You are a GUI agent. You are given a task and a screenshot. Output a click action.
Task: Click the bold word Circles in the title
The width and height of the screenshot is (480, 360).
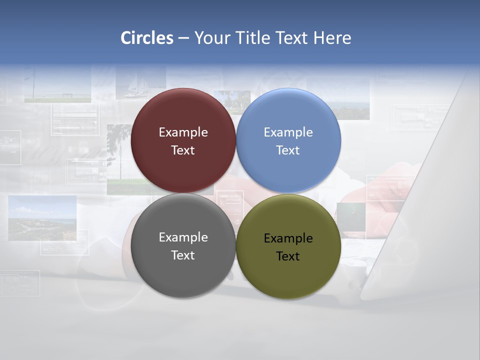(147, 38)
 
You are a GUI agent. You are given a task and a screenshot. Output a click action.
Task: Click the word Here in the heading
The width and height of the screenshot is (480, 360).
(332, 38)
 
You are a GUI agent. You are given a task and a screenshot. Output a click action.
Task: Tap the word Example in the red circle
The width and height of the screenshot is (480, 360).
(183, 132)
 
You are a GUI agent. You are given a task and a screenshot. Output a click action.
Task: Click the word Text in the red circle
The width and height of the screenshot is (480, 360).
(183, 150)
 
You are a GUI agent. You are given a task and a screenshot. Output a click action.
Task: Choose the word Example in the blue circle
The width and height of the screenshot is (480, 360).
(288, 132)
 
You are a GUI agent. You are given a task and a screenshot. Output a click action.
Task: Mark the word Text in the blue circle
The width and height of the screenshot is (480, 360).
(288, 150)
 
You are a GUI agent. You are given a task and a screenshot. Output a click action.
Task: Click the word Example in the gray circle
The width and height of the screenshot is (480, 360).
(183, 237)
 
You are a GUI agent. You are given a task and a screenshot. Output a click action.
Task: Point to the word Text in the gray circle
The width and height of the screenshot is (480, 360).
(183, 255)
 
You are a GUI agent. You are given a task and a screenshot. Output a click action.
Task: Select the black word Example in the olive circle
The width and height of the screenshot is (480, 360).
(288, 238)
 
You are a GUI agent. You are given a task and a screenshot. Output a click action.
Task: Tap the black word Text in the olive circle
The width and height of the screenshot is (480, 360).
(288, 256)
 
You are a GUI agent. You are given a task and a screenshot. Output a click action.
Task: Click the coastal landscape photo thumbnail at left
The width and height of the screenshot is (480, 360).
(42, 217)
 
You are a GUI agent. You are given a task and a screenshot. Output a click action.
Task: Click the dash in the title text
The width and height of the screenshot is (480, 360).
(183, 38)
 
